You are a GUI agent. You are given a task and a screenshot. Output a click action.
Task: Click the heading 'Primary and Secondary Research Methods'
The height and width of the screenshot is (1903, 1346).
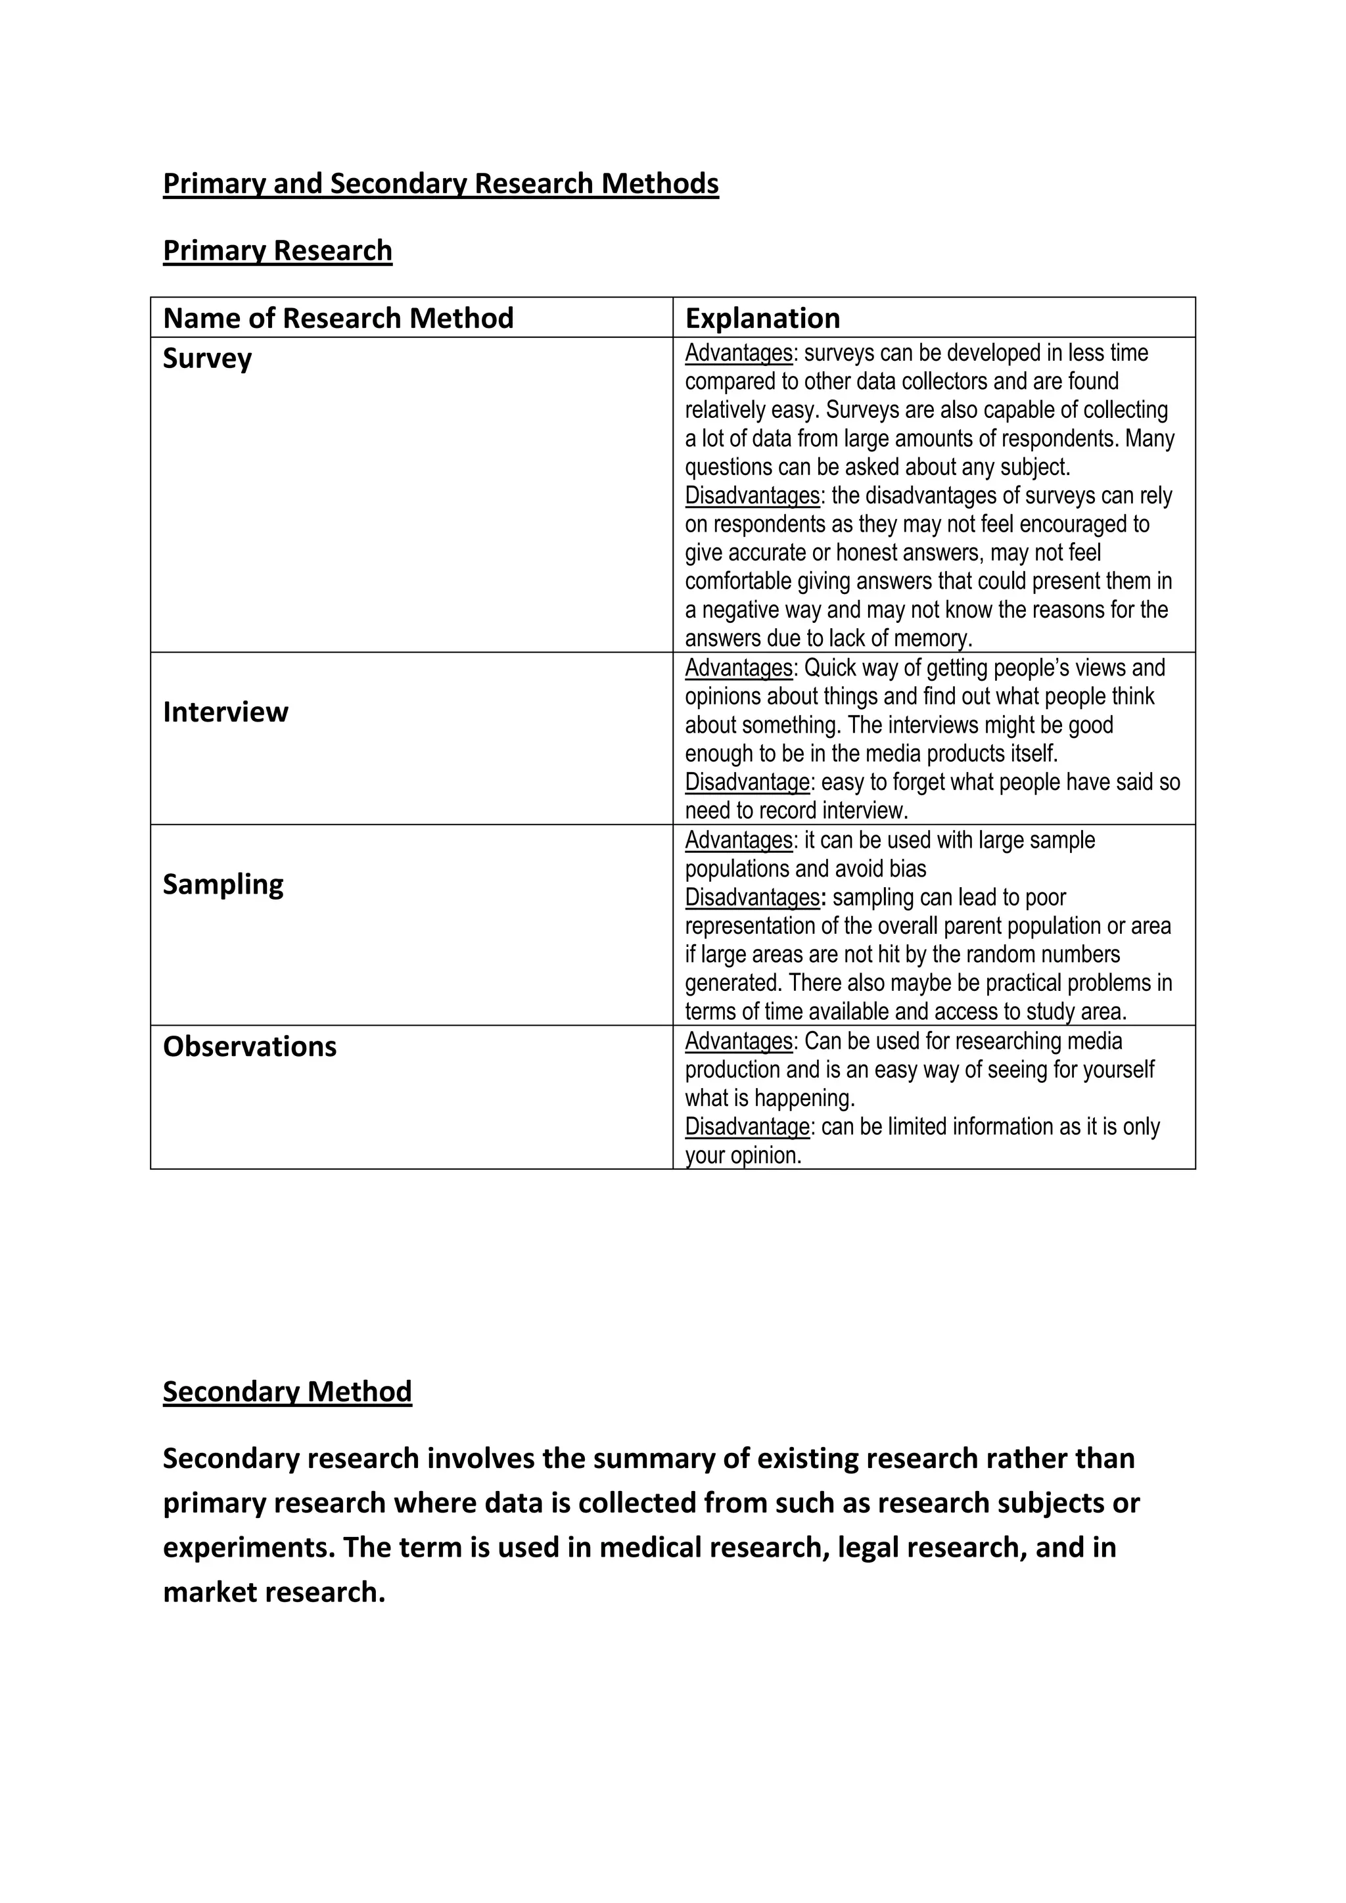(440, 183)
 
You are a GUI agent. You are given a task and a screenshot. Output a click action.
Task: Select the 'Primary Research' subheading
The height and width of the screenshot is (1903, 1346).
(277, 250)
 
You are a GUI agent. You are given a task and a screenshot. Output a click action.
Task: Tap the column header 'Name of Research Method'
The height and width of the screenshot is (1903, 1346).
(338, 317)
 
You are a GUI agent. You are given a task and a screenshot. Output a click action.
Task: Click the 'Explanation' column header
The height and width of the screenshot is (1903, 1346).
(762, 317)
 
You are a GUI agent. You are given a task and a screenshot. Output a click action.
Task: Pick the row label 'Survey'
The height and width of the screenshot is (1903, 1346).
(207, 358)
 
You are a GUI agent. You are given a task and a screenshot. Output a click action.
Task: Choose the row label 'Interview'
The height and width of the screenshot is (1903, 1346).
(225, 712)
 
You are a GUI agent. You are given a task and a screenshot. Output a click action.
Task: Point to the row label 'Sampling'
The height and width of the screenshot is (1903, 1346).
(223, 884)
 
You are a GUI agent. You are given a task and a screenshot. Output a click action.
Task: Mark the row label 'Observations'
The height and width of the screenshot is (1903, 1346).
(250, 1047)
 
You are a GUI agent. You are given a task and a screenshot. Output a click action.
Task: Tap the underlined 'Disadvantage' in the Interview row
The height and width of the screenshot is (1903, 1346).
(747, 783)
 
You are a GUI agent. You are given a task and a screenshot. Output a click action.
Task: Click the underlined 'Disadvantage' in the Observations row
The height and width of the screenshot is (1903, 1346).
(747, 1127)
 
